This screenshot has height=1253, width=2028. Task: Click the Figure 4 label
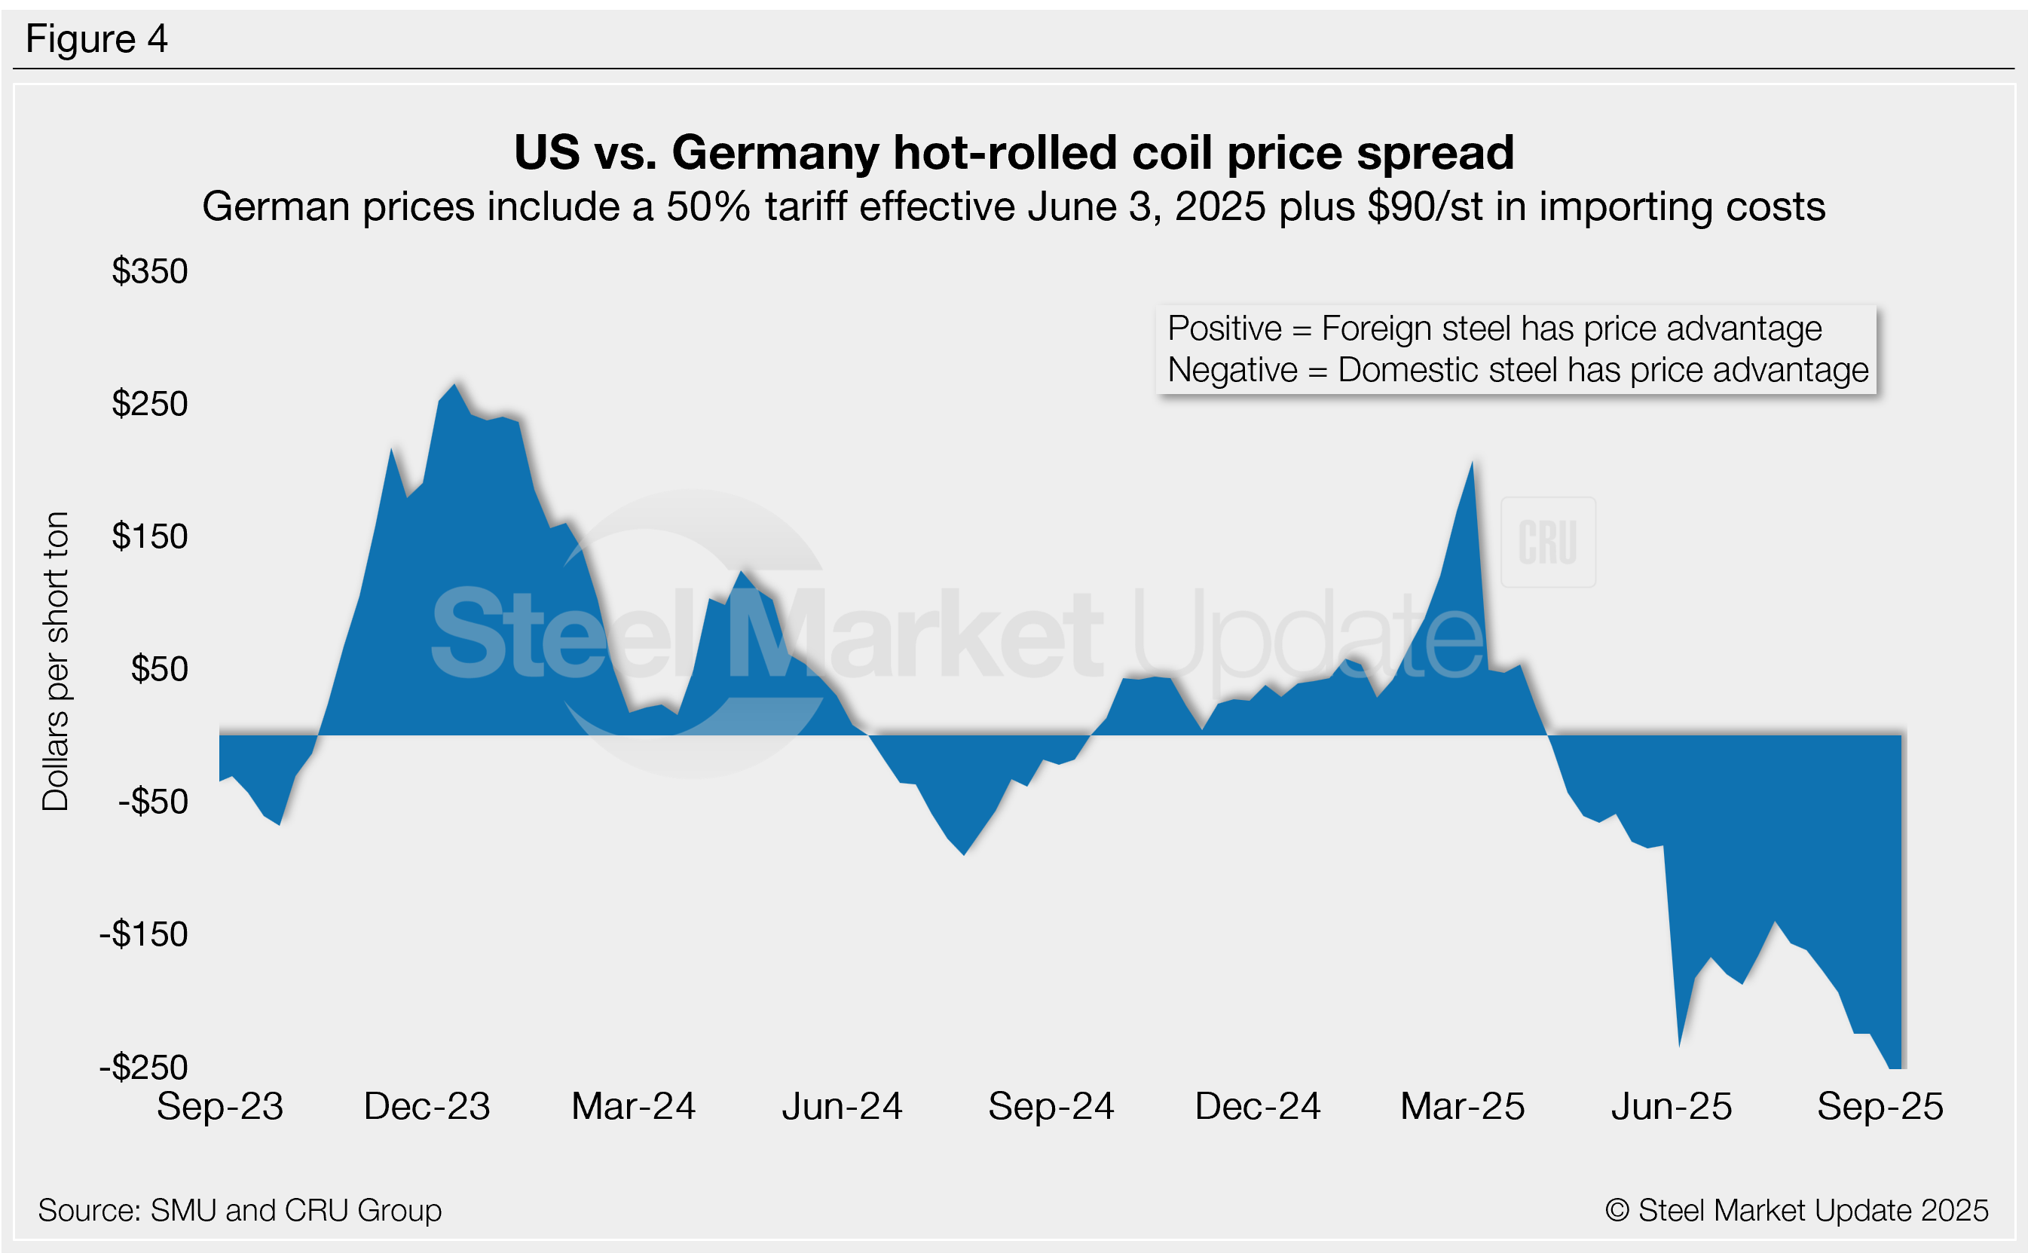tap(96, 39)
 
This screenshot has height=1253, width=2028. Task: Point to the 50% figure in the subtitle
tap(708, 207)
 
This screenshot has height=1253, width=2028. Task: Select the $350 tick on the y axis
tap(150, 272)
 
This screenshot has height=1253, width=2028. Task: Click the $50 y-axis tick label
tap(159, 670)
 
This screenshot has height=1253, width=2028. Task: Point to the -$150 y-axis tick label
tap(143, 935)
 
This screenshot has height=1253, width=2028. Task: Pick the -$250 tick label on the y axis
tap(143, 1068)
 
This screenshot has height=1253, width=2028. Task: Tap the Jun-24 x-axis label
tap(841, 1107)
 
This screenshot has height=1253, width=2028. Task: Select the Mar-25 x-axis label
tap(1462, 1107)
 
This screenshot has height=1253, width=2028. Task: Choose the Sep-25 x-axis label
tap(1880, 1107)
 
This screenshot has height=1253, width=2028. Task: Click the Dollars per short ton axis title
tap(56, 662)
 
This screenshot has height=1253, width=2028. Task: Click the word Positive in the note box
tap(1224, 329)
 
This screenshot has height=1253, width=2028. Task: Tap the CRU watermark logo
tap(1547, 542)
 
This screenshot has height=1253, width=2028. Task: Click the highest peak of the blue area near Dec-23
tap(454, 387)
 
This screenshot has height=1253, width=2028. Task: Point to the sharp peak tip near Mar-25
tap(1472, 463)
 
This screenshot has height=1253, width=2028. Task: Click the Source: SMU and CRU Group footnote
tap(240, 1211)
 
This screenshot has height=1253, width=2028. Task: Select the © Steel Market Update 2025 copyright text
tap(1796, 1211)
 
